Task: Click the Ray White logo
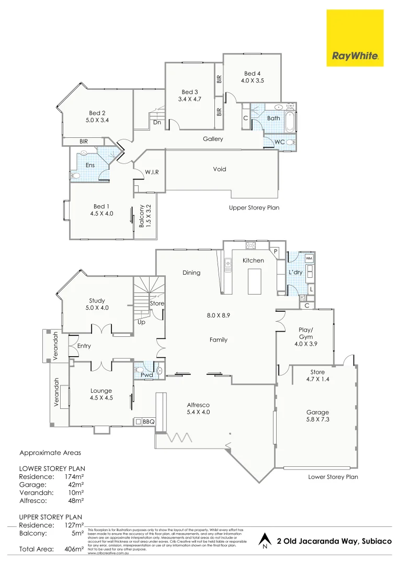click(356, 38)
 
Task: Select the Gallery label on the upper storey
click(213, 139)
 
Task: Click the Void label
click(220, 169)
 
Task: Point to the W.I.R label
click(152, 172)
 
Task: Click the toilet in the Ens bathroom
click(74, 176)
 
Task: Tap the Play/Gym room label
click(305, 333)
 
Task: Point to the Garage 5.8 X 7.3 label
click(318, 416)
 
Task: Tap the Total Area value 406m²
click(74, 549)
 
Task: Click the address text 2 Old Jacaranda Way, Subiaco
click(334, 540)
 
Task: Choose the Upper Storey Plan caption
click(254, 207)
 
